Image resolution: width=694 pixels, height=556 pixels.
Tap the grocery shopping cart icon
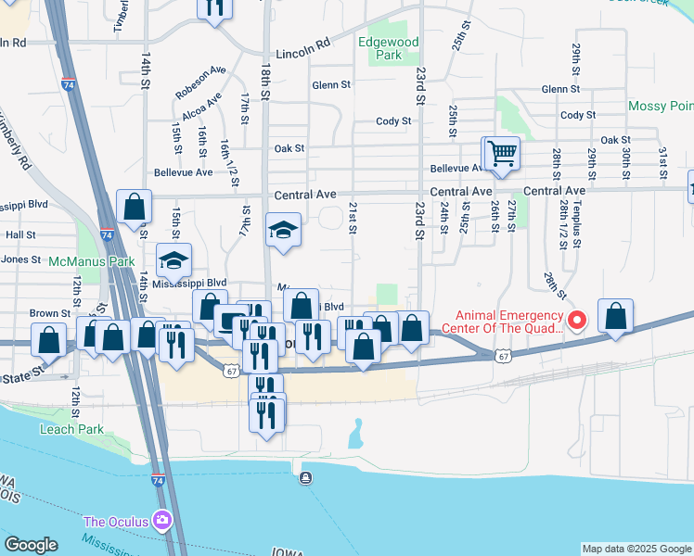[x=502, y=152]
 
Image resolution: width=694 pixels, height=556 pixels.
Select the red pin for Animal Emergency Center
[x=576, y=321]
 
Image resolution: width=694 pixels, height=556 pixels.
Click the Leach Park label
[x=71, y=429]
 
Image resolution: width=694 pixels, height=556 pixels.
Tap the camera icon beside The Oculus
[x=163, y=520]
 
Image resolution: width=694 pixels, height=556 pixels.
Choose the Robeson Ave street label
[x=200, y=82]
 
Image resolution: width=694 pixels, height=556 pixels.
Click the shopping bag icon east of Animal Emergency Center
[x=616, y=316]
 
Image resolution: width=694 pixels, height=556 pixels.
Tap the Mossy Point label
[x=660, y=107]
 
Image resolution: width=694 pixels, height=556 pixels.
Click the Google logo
[x=31, y=545]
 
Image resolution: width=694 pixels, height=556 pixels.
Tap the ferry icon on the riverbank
[x=305, y=478]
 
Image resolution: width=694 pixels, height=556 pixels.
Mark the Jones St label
[x=21, y=260]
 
